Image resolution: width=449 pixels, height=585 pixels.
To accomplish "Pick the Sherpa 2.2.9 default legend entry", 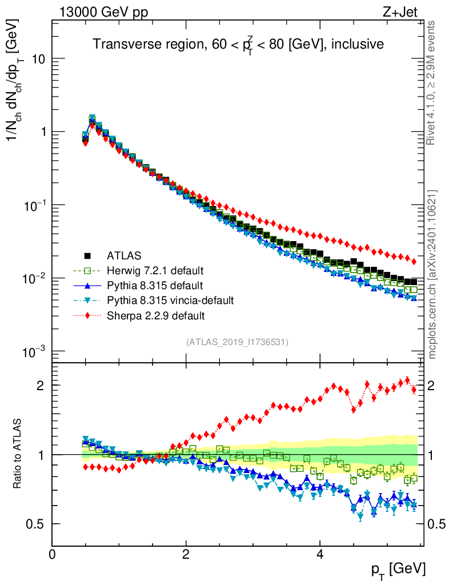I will [155, 315].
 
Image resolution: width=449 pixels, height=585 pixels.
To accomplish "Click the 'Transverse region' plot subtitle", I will [238, 44].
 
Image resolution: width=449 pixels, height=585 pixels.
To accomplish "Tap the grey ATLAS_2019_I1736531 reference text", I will [237, 342].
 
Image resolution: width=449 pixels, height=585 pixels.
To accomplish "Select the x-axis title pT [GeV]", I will [398, 569].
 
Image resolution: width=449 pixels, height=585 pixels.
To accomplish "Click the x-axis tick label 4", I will [320, 554].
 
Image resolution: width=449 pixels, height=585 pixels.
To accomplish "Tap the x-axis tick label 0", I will [52, 554].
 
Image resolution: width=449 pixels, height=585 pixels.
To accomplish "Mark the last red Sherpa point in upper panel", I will [414, 262].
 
